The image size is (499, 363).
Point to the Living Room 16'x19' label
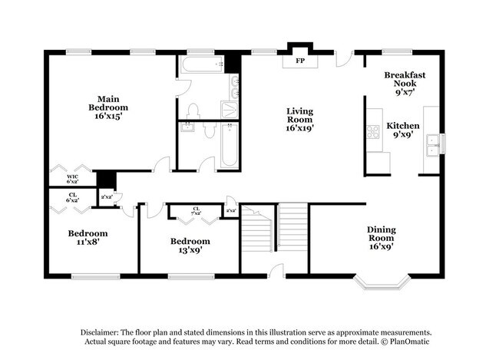tap(300, 120)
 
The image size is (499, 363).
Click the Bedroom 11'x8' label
tap(88, 237)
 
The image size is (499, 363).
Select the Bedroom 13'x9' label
tap(190, 246)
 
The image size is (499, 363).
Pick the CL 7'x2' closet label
tap(197, 211)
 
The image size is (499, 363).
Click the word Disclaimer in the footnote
tap(102, 331)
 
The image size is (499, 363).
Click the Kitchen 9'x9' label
tap(403, 129)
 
